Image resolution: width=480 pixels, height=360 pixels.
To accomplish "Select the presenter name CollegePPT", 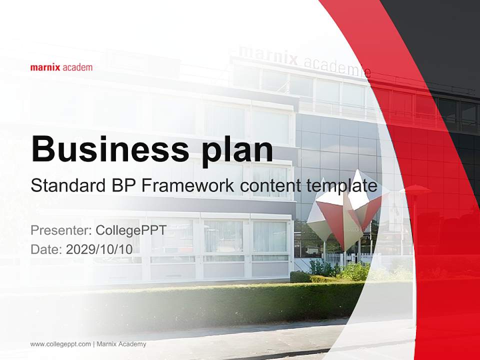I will click(x=131, y=230).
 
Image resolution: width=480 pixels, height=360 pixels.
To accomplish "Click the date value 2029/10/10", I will click(x=99, y=249).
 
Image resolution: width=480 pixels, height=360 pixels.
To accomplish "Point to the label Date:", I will click(x=46, y=249).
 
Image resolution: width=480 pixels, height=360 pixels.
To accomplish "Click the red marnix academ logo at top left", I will click(x=61, y=67).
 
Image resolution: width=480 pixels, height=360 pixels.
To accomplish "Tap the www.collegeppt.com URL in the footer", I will click(x=60, y=344).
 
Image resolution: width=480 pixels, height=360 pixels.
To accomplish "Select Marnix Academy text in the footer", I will click(x=121, y=344).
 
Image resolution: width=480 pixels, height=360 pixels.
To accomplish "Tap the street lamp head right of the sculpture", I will click(x=414, y=189).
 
